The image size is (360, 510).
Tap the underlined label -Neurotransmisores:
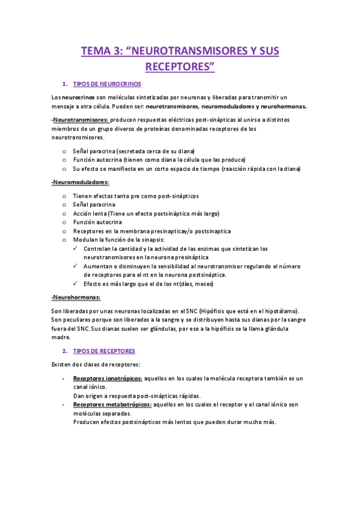[x=80, y=120]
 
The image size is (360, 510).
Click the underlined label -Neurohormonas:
[x=76, y=297]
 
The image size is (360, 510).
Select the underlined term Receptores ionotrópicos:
[x=108, y=378]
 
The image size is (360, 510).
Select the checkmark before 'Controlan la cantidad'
[x=75, y=248]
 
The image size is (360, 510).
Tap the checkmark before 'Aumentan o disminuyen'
[x=75, y=266]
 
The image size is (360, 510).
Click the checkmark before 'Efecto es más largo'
[x=75, y=283]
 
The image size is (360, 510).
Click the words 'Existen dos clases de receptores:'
[x=96, y=364]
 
